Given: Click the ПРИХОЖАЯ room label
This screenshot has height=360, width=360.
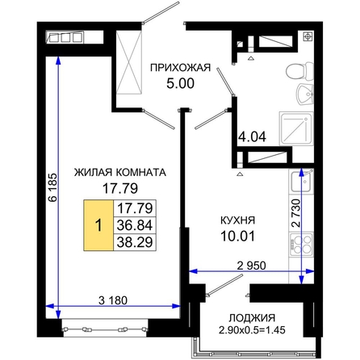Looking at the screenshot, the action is [x=180, y=68].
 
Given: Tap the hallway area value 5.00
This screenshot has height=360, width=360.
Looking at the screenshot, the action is [x=180, y=83].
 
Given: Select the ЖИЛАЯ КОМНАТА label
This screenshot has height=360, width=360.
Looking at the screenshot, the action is [x=120, y=172].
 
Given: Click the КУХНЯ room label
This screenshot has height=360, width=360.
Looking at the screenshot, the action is [x=237, y=220].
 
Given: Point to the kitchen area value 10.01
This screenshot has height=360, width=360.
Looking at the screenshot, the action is [x=237, y=237].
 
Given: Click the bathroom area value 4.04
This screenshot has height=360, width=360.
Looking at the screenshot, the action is [x=253, y=136].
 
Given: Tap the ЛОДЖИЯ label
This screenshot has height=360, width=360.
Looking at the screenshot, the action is [x=252, y=318].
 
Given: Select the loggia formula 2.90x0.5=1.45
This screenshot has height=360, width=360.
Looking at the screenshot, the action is [x=252, y=329].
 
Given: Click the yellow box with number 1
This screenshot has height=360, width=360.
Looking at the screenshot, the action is [x=98, y=225].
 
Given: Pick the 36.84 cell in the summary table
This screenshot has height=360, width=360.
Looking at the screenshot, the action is [x=135, y=225].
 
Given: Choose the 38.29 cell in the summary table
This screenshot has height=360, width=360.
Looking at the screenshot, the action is [x=135, y=242].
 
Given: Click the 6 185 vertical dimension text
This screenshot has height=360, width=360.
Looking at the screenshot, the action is [x=52, y=187].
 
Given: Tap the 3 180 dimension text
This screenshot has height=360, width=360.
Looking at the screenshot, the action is [x=113, y=300].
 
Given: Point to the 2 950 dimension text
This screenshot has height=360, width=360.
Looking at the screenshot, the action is [x=252, y=266].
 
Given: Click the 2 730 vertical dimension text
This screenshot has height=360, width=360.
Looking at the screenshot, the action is [x=295, y=213].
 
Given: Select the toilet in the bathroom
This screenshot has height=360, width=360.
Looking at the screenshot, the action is [x=299, y=71].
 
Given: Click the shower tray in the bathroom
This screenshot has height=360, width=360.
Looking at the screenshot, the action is [x=296, y=128].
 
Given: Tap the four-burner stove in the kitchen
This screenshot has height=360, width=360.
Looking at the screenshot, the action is [x=301, y=244].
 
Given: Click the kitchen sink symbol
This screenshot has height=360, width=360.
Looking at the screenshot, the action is [x=302, y=181].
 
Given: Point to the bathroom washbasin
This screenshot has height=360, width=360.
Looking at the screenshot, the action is [x=305, y=94].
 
